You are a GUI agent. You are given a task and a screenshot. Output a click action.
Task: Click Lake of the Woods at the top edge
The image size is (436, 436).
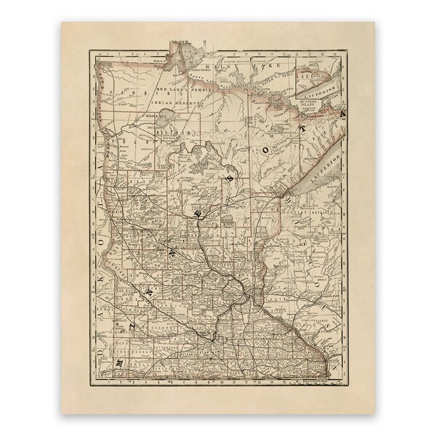point(177,59)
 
